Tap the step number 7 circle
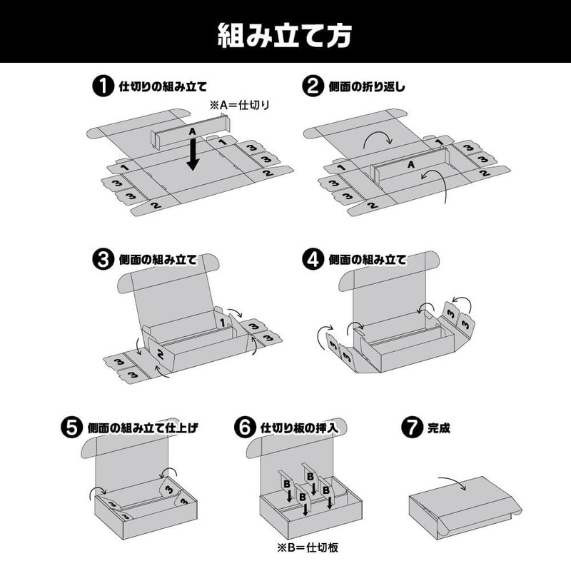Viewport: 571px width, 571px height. tap(413, 428)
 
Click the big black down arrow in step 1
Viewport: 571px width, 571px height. tap(192, 153)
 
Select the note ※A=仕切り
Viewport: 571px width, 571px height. tap(240, 105)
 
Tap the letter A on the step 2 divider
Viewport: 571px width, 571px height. tap(410, 164)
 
